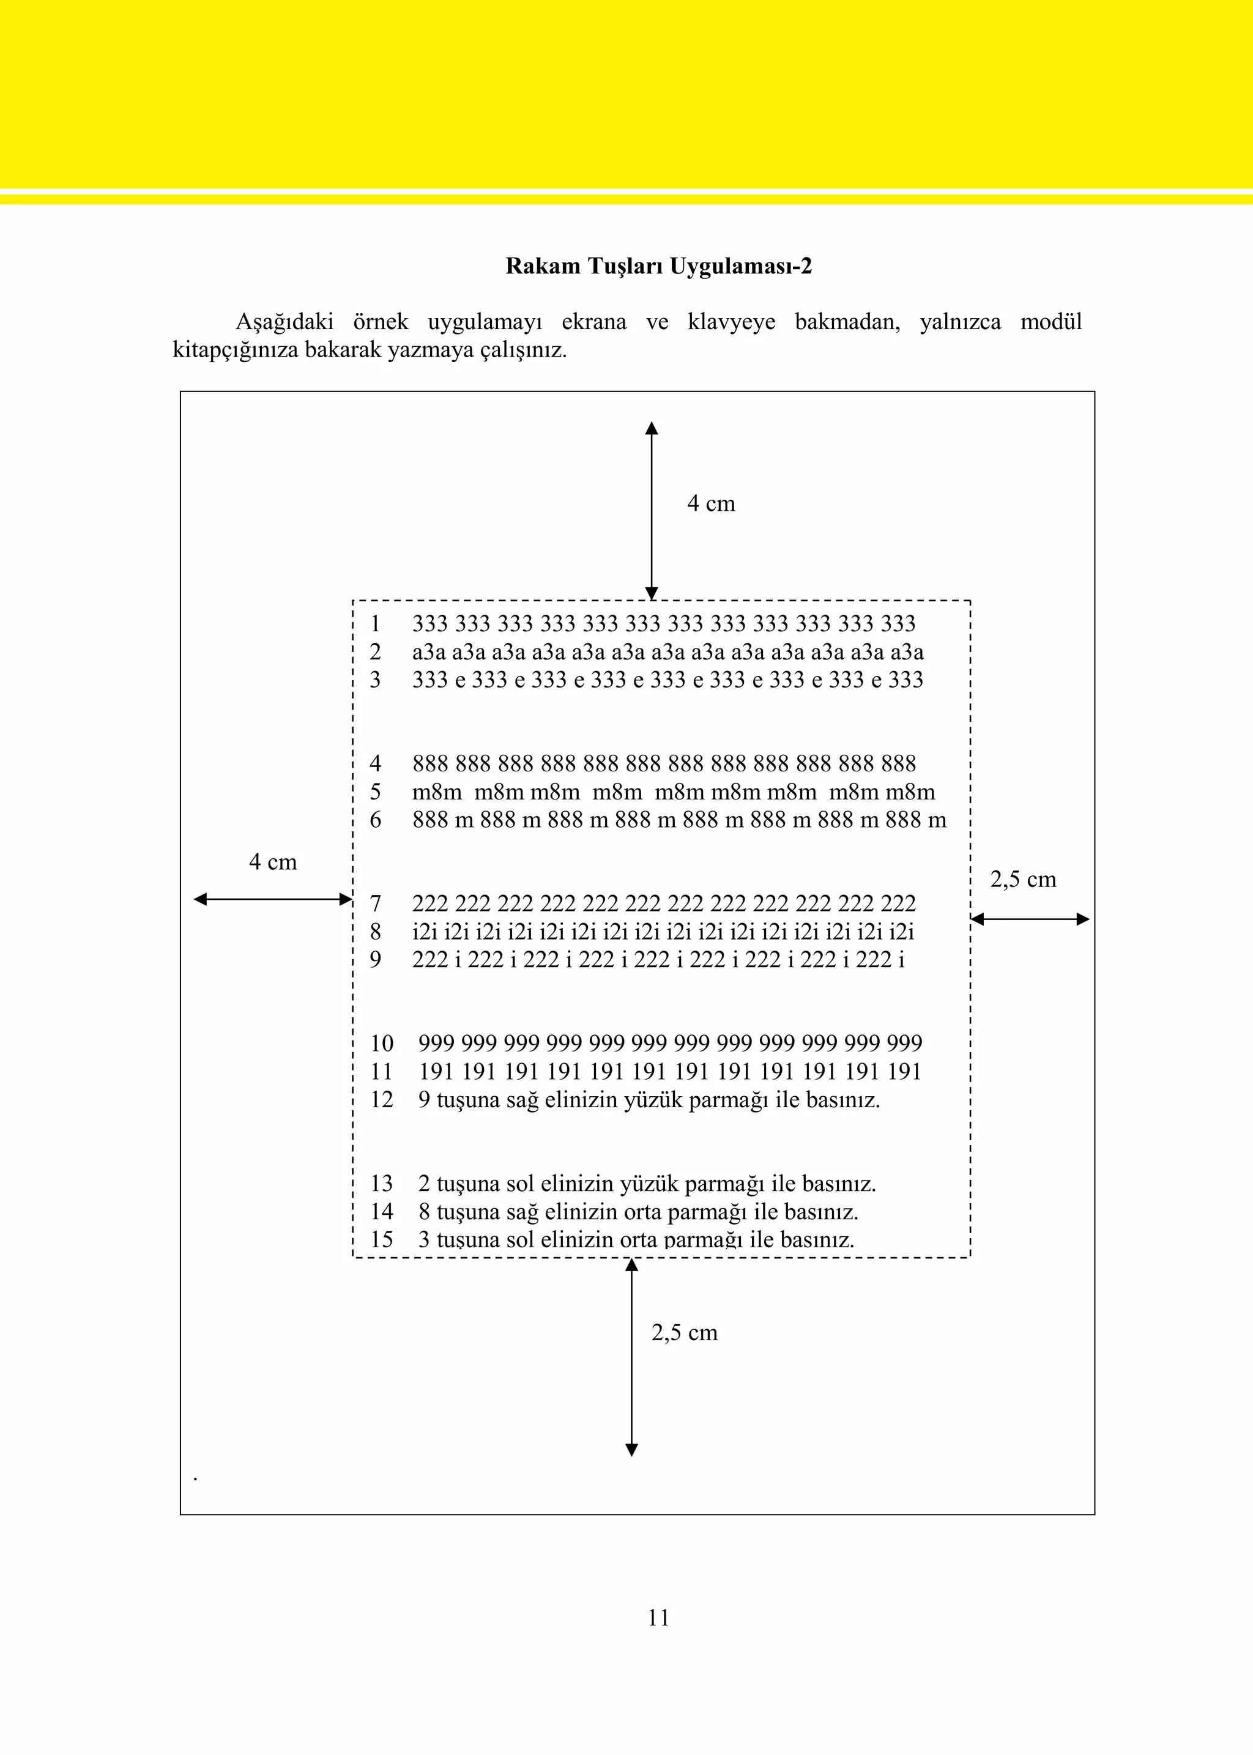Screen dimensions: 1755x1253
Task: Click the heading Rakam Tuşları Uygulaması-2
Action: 658,266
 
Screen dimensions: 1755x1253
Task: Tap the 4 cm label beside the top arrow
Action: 710,503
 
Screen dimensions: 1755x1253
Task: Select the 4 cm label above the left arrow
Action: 272,862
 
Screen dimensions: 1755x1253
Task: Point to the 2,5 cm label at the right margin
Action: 1022,880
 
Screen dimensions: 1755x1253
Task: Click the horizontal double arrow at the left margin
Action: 272,899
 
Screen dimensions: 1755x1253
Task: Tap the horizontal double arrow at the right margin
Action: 1030,919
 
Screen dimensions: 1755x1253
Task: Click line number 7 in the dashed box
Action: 375,903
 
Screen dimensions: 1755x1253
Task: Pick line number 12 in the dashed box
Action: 381,1100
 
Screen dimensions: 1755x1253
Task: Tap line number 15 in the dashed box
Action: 381,1240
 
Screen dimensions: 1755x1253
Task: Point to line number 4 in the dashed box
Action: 375,763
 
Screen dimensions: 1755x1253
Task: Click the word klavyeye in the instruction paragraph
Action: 732,322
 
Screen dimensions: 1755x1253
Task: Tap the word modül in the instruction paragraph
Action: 1051,322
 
